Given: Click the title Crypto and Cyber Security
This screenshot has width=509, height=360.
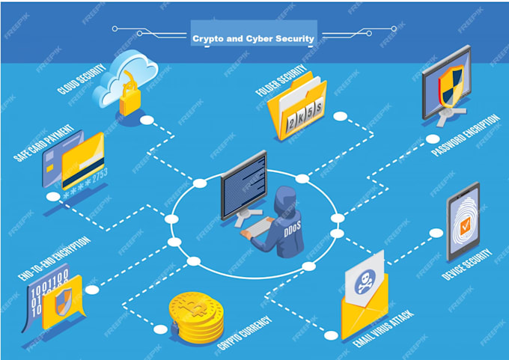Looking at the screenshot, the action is click(254, 37).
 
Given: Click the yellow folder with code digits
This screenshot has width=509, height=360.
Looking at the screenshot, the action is click(298, 109).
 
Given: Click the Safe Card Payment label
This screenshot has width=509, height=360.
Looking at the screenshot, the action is click(44, 146).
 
